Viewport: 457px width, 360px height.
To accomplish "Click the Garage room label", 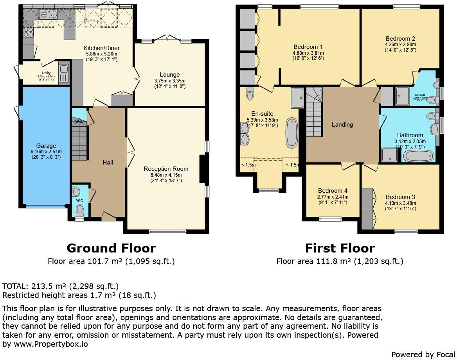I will (46, 146).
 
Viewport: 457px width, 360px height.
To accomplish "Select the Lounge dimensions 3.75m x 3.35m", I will (169, 81).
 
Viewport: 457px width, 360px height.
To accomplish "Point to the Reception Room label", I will (166, 169).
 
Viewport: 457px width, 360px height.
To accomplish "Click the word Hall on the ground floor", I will (108, 162).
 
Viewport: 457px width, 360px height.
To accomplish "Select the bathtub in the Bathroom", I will (419, 156).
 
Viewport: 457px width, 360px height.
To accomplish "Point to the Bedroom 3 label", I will (400, 197).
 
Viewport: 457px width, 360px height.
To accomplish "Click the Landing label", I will (342, 125).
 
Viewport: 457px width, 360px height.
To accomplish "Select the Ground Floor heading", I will (111, 248).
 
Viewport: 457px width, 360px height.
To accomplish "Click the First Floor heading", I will (340, 248).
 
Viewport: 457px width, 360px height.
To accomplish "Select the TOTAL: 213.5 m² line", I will (61, 286).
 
